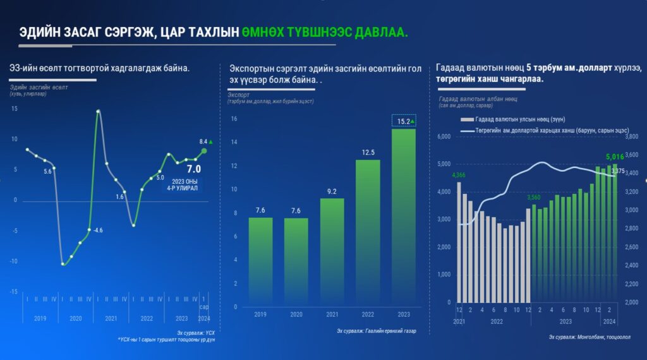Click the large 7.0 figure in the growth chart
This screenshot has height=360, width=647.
[x=193, y=169]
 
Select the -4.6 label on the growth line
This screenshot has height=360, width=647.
[x=98, y=230]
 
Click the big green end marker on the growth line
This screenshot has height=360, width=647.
[x=203, y=150]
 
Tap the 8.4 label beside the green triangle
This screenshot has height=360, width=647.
[x=203, y=141]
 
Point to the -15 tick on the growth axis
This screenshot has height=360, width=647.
[x=13, y=292]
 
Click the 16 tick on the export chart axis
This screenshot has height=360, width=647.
[x=233, y=119]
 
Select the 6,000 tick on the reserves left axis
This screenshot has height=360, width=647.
[x=443, y=136]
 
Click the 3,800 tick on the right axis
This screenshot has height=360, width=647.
[x=632, y=136]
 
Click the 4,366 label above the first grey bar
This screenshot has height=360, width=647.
[x=458, y=175]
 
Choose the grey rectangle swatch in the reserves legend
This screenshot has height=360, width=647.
[x=466, y=119]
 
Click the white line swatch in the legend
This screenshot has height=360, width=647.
[x=467, y=131]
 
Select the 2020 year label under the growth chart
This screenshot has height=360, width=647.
[x=76, y=319]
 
